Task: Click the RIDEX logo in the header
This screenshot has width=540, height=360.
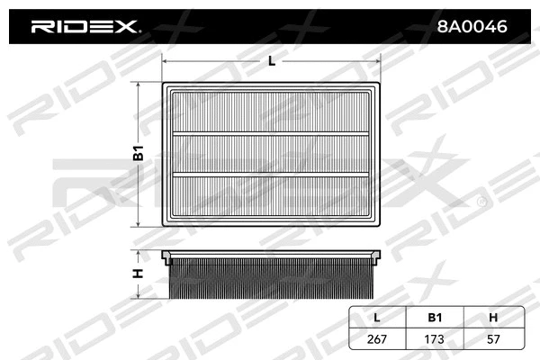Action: pyautogui.click(x=85, y=27)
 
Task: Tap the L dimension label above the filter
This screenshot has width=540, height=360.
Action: pyautogui.click(x=272, y=61)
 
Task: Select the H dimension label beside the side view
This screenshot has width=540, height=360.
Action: pyautogui.click(x=139, y=274)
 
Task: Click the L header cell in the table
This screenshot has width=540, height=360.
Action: pyautogui.click(x=378, y=317)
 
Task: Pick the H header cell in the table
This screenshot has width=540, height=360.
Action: pyautogui.click(x=494, y=317)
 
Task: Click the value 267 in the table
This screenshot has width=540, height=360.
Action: pyautogui.click(x=378, y=340)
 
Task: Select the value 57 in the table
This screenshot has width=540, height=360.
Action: pyautogui.click(x=494, y=340)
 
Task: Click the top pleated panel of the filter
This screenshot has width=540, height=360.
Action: pyautogui.click(x=272, y=112)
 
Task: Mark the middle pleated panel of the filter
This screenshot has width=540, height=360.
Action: pyautogui.click(x=272, y=153)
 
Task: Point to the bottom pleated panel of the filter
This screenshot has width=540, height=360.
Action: pyautogui.click(x=272, y=194)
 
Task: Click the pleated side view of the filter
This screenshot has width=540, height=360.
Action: pyautogui.click(x=272, y=280)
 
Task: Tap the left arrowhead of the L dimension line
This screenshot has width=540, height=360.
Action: pyautogui.click(x=165, y=61)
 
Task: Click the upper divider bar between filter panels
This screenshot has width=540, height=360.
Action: pyautogui.click(x=272, y=133)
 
